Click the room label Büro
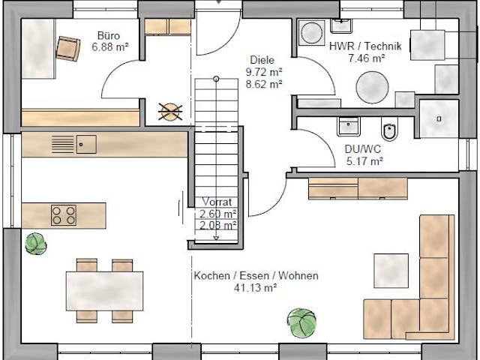[x=108, y=34]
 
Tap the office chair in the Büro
[x=70, y=49]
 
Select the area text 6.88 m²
[x=108, y=46]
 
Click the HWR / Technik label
[x=366, y=46]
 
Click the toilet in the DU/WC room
[x=389, y=133]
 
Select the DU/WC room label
[x=364, y=148]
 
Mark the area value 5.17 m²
[x=364, y=160]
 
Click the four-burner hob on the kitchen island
[x=63, y=215]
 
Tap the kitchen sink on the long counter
[x=85, y=142]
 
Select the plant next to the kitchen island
[x=35, y=242]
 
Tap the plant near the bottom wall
[x=301, y=322]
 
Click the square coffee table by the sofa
[x=391, y=271]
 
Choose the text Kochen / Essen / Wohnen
[x=256, y=276]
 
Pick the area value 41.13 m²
[x=256, y=287]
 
